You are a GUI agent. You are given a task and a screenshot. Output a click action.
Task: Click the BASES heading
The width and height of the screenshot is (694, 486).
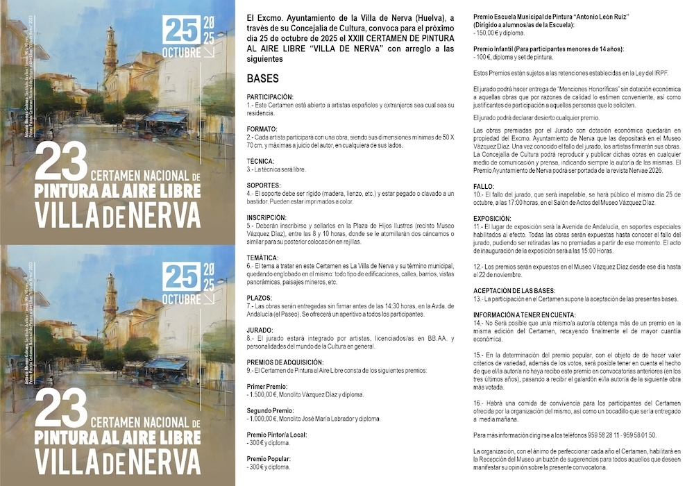click(x=263, y=78)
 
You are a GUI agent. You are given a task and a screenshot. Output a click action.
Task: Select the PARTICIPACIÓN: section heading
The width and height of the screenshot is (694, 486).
click(x=270, y=97)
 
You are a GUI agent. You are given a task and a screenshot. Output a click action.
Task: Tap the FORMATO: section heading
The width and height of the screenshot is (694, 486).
click(x=262, y=128)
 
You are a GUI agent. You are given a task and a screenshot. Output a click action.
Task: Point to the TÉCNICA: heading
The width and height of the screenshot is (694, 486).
click(x=260, y=161)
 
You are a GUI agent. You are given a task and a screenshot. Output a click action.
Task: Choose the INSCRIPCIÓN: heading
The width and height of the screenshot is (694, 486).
click(x=266, y=217)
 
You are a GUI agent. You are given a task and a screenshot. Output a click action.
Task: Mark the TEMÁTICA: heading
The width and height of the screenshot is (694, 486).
click(x=264, y=258)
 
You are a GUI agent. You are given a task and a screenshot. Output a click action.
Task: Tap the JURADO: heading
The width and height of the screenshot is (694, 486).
click(x=260, y=330)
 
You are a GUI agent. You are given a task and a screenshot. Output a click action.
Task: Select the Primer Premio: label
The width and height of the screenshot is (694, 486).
click(x=265, y=386)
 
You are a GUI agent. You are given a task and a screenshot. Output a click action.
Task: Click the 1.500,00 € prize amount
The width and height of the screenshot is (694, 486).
click(x=264, y=394)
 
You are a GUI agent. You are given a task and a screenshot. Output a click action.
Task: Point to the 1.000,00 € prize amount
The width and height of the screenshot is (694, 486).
click(x=264, y=419)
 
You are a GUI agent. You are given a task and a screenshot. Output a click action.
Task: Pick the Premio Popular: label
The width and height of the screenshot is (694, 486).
click(x=268, y=459)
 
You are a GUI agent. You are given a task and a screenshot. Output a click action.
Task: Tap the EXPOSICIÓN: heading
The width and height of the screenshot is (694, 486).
click(x=492, y=217)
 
